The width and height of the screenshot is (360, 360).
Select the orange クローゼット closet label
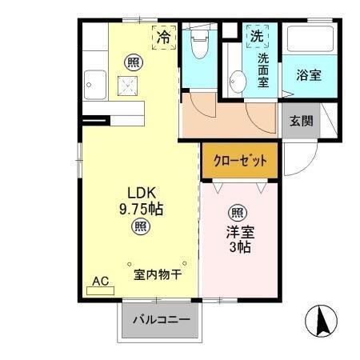click(239, 160)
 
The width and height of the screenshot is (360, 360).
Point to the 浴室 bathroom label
click(309, 75)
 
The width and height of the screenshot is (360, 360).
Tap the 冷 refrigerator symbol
click(163, 35)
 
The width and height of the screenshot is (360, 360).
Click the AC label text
click(100, 282)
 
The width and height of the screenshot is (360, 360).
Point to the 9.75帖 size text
click(141, 210)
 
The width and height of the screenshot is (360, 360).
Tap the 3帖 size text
click(238, 247)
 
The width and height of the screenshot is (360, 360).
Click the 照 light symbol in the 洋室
click(237, 212)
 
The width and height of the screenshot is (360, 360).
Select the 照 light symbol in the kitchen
click(130, 60)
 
